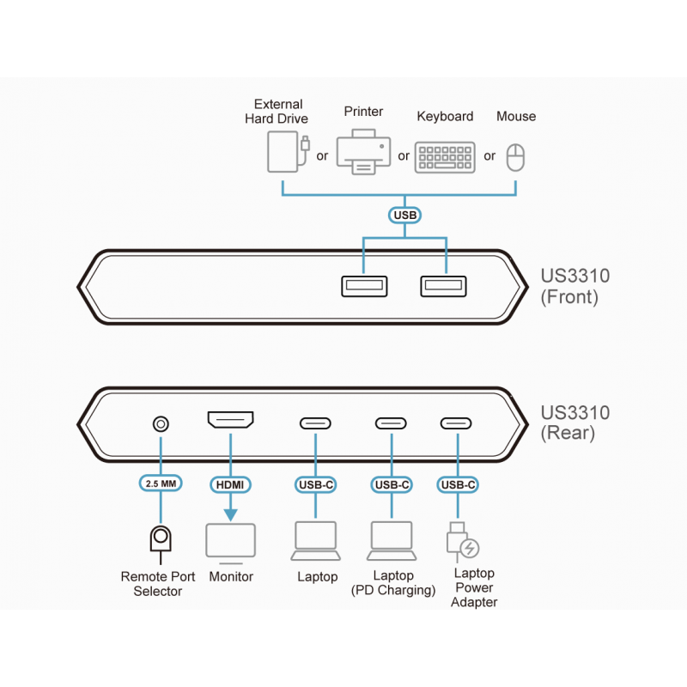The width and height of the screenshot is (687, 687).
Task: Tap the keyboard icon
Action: tap(445, 156)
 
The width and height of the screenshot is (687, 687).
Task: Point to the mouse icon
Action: tap(515, 157)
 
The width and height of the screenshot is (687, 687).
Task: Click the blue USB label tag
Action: tap(404, 216)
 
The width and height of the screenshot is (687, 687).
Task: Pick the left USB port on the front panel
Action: tap(364, 286)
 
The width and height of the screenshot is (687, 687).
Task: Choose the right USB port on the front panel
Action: tap(443, 286)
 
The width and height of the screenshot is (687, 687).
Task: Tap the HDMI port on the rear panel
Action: tap(230, 421)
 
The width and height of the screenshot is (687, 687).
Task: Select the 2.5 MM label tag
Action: tap(161, 484)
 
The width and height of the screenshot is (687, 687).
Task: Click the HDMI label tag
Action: tap(230, 484)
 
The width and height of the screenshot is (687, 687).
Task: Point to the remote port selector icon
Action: tap(160, 540)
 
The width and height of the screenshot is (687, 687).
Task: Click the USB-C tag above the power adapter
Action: tap(458, 484)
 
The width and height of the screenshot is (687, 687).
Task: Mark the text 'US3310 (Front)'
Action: tap(575, 287)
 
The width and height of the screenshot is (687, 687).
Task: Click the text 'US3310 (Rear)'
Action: tap(575, 423)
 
